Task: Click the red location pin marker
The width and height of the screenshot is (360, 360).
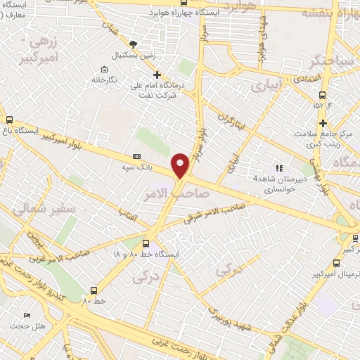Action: pos(181,165)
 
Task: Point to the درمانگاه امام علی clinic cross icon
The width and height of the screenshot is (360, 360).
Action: pos(157,74)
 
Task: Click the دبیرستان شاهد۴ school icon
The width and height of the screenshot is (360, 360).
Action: pos(279,168)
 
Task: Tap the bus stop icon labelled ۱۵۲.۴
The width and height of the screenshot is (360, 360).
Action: pos(322,95)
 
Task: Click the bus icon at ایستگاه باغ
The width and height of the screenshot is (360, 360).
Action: pos(9,120)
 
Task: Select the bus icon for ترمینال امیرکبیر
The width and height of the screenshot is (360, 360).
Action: pos(335,263)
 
